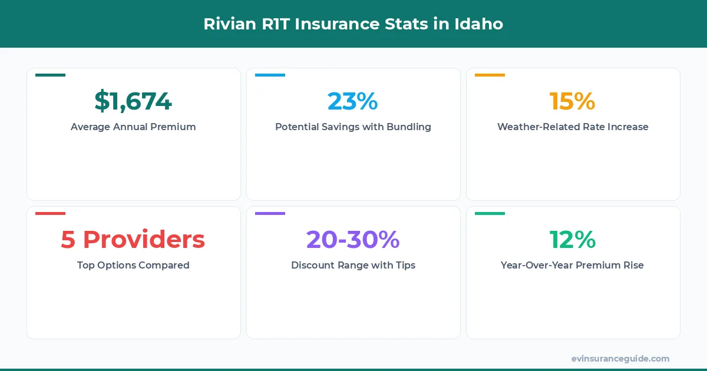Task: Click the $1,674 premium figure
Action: [x=133, y=101]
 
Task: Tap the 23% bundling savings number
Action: [x=353, y=101]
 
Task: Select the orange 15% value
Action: [x=573, y=101]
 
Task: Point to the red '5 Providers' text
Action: [x=133, y=240]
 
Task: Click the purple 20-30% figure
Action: [x=353, y=240]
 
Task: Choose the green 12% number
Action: [x=573, y=240]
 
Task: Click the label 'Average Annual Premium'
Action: [x=133, y=127]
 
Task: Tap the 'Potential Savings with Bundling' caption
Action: [x=353, y=127]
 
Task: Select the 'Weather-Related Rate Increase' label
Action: [x=573, y=127]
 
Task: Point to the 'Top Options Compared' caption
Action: [x=133, y=265]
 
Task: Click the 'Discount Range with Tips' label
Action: [x=353, y=265]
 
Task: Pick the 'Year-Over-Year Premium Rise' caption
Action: [x=573, y=265]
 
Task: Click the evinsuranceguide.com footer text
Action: [x=620, y=359]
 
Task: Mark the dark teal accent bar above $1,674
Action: [x=50, y=75]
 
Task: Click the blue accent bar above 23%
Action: [x=270, y=75]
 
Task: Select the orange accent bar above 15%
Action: [x=490, y=75]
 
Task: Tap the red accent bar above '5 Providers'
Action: [x=50, y=213]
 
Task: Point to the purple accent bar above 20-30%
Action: [x=270, y=213]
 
